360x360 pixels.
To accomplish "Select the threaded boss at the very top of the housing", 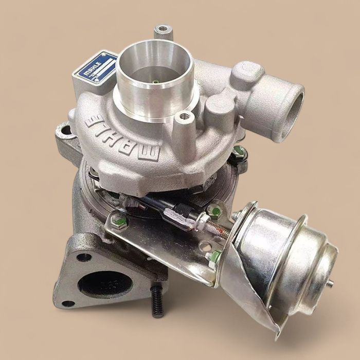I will coord(164,29).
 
